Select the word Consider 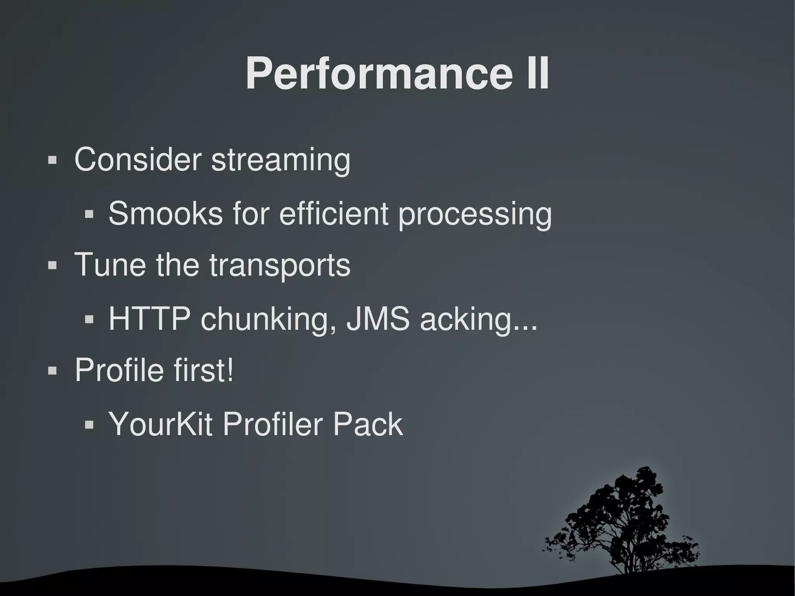[137, 159]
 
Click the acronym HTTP [149, 319]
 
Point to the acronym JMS [378, 319]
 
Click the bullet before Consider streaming [52, 160]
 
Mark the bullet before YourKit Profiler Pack [89, 424]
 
